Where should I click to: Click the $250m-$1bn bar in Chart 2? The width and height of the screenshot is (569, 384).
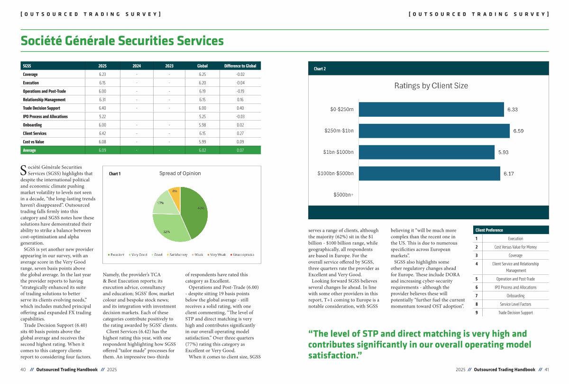pos(434,131)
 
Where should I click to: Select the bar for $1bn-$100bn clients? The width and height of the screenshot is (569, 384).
pos(426,152)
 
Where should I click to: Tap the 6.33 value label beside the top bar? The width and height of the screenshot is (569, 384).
pos(512,110)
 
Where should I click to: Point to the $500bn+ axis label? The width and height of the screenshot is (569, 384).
pos(343,195)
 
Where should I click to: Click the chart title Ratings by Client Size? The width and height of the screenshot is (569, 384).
pos(431,86)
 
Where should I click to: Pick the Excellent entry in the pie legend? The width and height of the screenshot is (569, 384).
pos(117,255)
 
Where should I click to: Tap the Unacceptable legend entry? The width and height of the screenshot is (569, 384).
pos(243,255)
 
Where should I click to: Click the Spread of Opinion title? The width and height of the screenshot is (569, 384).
pos(180,174)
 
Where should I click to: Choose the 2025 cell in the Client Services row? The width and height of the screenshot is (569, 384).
pos(102,133)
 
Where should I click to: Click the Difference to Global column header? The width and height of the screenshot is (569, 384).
pos(240,66)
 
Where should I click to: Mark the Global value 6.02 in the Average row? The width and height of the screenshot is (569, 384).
pos(202,150)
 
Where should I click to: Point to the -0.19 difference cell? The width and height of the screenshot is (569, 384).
pos(240,91)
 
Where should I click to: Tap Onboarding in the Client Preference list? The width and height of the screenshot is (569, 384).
pos(515,296)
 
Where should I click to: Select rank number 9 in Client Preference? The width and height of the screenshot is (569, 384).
pos(476,313)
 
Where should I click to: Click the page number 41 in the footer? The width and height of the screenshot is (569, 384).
pos(546,369)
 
